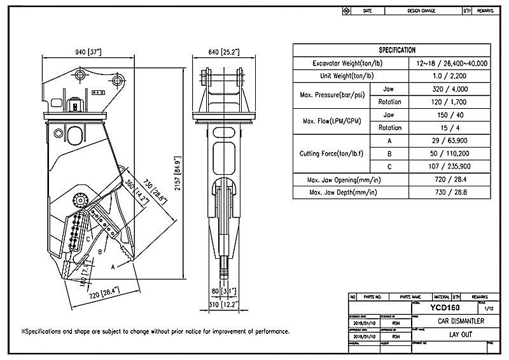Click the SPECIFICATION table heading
397,50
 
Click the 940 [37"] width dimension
87,52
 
